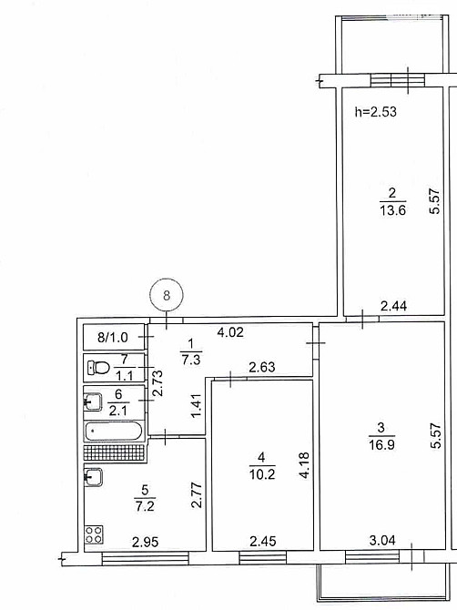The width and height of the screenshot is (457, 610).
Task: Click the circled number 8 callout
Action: coord(166,295)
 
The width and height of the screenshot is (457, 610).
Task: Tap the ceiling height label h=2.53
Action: coord(375,113)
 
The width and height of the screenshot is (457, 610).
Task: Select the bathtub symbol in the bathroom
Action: coord(114,431)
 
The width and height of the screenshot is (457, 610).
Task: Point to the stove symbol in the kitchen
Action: coord(93,535)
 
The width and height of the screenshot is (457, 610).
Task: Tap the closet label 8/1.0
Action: coord(113,338)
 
